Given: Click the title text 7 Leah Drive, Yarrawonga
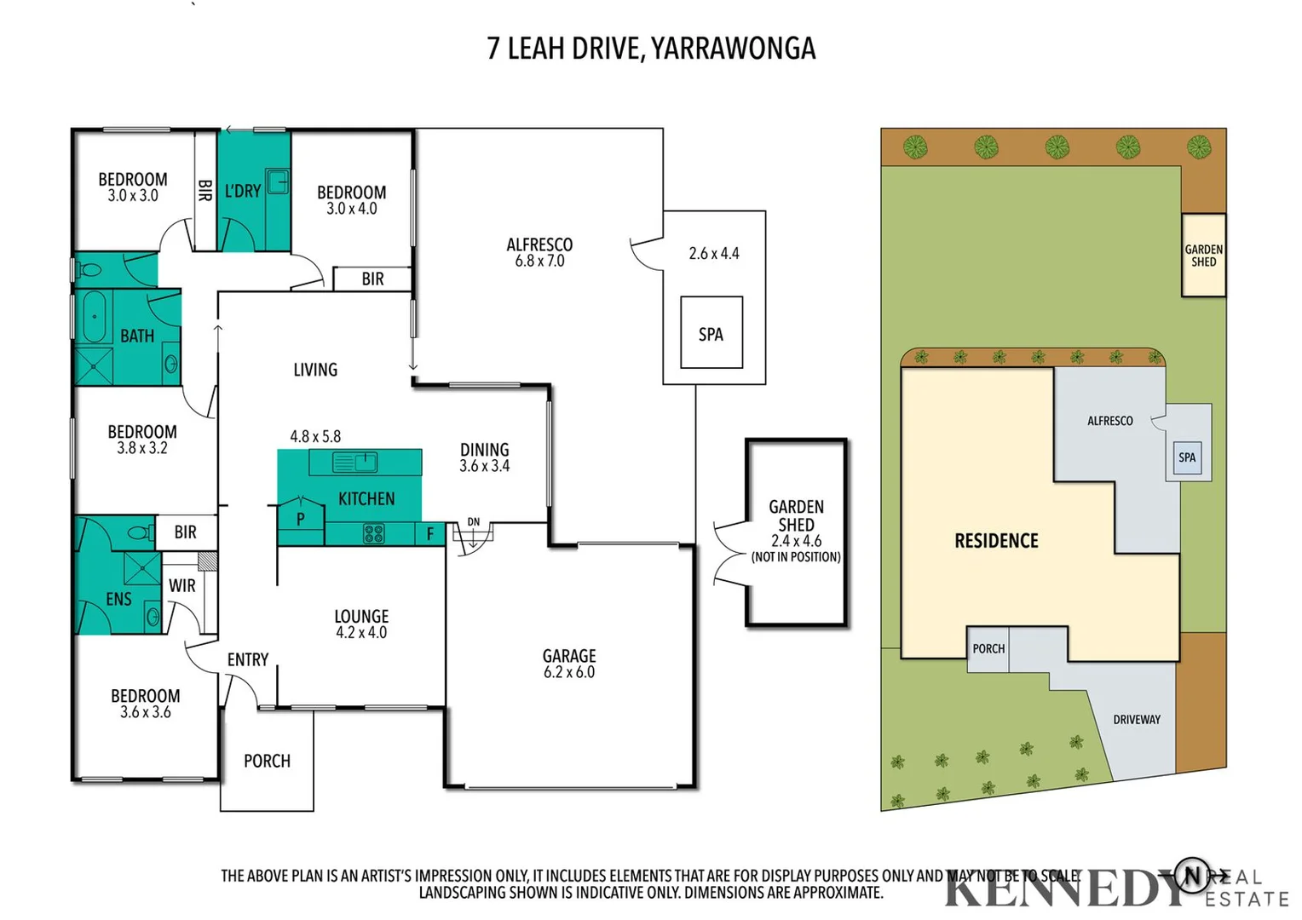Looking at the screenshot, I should coord(651,49).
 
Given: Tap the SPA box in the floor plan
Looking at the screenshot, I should coord(711,332).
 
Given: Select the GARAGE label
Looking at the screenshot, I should coord(569,656).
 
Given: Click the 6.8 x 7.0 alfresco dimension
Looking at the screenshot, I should coord(539,262).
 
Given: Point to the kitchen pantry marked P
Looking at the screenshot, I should coord(301,518).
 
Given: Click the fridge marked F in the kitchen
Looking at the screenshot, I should coord(430,534).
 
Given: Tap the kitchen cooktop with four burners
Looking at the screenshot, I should coord(374,534).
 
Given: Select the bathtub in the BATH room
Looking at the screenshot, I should coord(94,317).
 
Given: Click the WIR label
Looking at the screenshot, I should coord(181,586).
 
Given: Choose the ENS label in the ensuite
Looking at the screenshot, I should coord(118,600).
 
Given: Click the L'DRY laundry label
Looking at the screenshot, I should coord(243,192).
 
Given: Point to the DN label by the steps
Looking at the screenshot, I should coord(473,522).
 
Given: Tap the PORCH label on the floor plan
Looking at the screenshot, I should coord(267,761).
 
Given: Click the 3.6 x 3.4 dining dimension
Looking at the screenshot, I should coord(484,466).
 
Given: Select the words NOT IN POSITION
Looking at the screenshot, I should coord(796,557).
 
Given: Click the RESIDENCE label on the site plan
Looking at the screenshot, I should coord(996,541).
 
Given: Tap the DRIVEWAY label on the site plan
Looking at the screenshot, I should coord(1137,720).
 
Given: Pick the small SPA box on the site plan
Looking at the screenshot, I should coord(1187,457).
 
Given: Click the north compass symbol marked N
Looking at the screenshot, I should coord(1193,874).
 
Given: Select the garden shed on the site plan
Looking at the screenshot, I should coord(1203,256).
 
